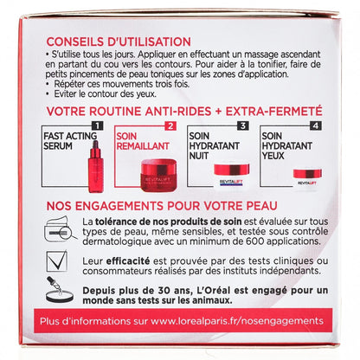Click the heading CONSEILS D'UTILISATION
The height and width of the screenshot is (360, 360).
(119, 42)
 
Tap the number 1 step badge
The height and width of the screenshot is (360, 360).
(97, 125)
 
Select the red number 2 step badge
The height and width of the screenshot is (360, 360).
(170, 126)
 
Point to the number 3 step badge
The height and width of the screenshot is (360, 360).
(243, 125)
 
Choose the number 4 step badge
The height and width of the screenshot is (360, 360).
(316, 125)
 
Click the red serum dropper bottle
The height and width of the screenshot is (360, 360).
(95, 166)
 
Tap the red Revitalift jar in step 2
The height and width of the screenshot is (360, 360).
(158, 175)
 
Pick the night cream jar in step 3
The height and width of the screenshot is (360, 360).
(232, 176)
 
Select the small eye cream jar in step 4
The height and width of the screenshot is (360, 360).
(307, 177)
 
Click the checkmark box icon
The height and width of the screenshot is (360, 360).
(57, 261)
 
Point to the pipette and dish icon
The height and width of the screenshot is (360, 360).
(59, 290)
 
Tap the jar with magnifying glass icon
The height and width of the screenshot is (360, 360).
(60, 228)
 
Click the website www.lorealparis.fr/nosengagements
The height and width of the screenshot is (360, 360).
(237, 321)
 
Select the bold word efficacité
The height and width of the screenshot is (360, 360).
(128, 261)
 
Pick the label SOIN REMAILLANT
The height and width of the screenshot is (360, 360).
(143, 141)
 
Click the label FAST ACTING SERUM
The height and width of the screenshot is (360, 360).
(70, 141)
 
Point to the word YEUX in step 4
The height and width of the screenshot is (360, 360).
(273, 156)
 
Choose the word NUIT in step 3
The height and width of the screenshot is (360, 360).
(198, 156)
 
